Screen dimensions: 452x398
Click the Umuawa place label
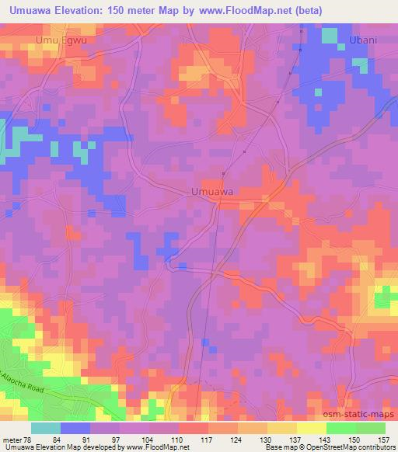click(212, 191)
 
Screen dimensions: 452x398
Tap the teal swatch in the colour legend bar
click(46, 428)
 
